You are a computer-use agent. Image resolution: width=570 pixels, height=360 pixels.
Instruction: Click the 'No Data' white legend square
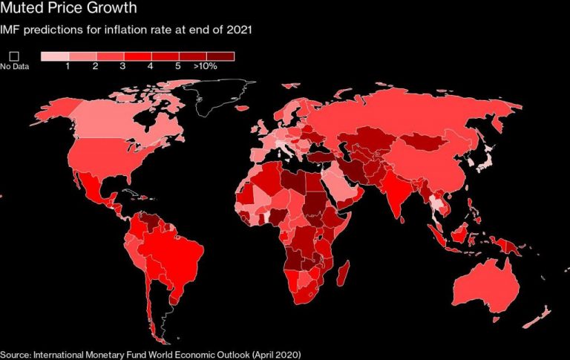tap(13, 56)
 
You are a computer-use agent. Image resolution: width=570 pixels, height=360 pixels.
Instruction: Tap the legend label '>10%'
tap(206, 67)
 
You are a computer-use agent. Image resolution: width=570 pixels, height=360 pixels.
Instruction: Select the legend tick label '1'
tap(68, 67)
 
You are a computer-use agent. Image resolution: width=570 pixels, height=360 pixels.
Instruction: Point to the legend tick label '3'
tap(122, 67)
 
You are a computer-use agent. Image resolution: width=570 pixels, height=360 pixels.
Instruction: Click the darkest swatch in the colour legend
tap(220, 56)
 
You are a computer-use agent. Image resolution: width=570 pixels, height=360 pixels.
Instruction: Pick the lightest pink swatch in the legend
tap(54, 56)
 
